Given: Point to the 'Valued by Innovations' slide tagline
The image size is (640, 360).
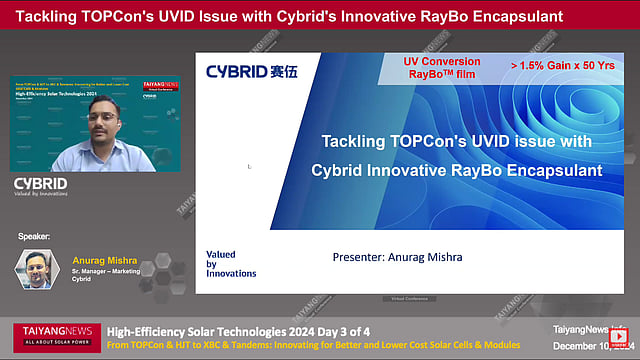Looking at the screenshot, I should coord(230,264).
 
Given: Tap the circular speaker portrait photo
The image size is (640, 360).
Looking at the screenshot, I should coord(36,269).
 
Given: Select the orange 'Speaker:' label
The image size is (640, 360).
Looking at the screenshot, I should coord(34,236).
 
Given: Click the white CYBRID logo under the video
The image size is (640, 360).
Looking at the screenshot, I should coord(40,183).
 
